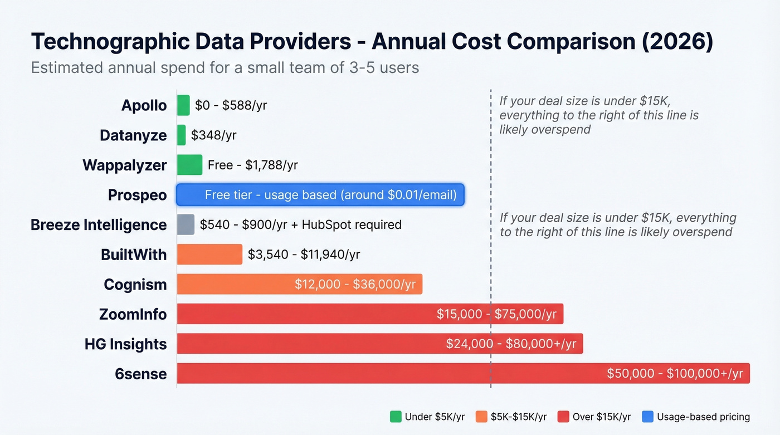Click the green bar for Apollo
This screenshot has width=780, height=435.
pos(183,105)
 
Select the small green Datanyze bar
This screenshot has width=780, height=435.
pos(181,135)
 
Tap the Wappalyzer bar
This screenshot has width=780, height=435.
pos(189,165)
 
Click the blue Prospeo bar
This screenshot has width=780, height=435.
pos(320,195)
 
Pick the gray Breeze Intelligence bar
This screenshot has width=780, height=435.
pos(186,224)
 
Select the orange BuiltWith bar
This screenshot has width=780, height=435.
pos(209,255)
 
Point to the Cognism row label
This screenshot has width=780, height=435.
pos(135,285)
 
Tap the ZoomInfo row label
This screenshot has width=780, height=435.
pos(133,314)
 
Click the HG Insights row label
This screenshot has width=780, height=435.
pos(125,344)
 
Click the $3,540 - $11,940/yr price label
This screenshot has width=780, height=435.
pos(304,255)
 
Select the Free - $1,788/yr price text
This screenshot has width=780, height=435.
pos(252,165)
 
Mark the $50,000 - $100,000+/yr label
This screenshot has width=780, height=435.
pos(675,373)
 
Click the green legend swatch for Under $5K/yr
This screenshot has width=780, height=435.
pos(396,417)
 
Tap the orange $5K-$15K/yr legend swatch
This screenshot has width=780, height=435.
pos(482,417)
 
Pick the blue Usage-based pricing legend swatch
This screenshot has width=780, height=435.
pos(647,417)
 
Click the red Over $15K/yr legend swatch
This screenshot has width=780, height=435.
pos(563,417)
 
